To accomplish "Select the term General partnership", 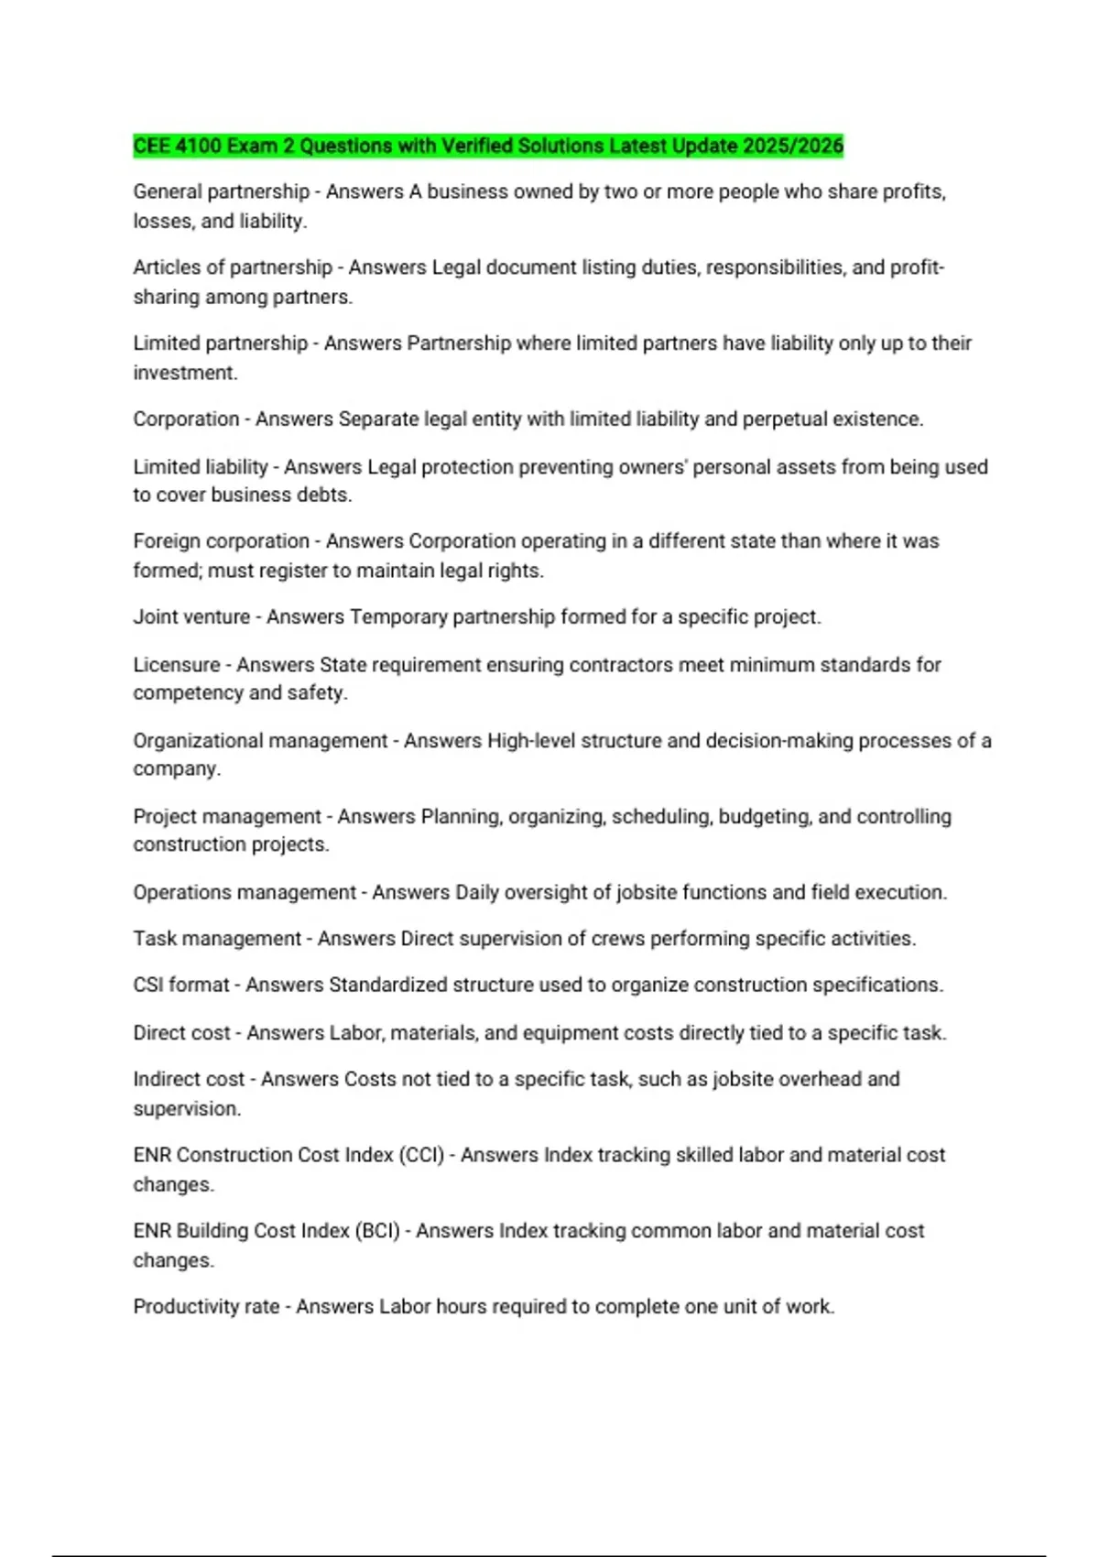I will pyautogui.click(x=222, y=191).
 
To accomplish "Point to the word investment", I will pyautogui.click(x=185, y=373).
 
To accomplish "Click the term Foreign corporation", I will pyautogui.click(x=222, y=541).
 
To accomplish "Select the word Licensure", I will pyautogui.click(x=177, y=665).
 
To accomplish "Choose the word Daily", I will pyautogui.click(x=477, y=892).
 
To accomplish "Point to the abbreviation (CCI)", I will pyautogui.click(x=420, y=1155).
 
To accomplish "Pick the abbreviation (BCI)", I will pyautogui.click(x=376, y=1231).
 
